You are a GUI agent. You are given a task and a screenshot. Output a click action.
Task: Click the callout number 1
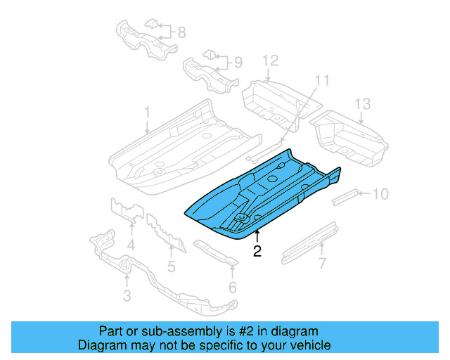pos(148,112)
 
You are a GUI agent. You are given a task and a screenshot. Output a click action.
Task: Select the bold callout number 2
pos(257,251)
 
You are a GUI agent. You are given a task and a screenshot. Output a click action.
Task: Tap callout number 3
pos(127,296)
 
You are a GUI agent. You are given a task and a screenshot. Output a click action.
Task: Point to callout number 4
pos(131,245)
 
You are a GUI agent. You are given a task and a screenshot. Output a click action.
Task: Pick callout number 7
pos(322,264)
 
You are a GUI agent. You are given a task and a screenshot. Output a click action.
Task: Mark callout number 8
pos(181,32)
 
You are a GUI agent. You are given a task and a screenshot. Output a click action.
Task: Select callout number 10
pos(380,193)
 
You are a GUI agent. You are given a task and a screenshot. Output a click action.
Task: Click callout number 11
pos(321,81)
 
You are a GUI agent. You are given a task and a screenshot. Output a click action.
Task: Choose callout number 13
pos(361,104)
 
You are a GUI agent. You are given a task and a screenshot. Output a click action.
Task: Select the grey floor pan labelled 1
pos(176,151)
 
